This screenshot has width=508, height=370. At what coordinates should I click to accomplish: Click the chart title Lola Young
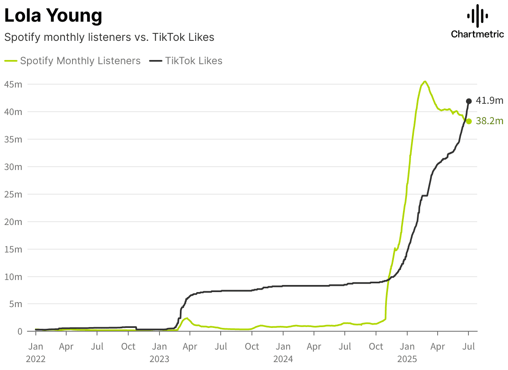click(53, 16)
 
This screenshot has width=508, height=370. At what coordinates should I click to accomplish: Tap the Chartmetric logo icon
click(477, 16)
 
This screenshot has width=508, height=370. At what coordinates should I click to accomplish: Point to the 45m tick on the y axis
click(12, 84)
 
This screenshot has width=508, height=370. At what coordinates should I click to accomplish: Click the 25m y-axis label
click(12, 194)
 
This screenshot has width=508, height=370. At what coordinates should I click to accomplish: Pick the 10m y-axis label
click(12, 277)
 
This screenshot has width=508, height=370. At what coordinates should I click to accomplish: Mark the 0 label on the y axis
click(19, 332)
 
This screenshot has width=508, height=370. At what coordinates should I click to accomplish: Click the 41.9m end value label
click(490, 100)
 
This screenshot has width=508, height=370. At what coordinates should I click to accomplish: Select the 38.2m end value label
click(490, 121)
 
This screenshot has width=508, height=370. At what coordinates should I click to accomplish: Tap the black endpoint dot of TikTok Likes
click(469, 101)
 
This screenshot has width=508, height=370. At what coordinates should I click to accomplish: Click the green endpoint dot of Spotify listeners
click(469, 121)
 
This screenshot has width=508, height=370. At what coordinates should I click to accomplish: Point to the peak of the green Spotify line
click(425, 81)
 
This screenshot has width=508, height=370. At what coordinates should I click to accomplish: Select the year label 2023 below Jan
click(159, 359)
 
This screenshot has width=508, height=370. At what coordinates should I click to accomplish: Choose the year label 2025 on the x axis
click(407, 359)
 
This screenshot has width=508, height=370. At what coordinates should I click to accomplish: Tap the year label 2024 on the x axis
click(284, 359)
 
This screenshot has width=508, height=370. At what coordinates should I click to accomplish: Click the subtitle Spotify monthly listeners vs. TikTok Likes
click(109, 37)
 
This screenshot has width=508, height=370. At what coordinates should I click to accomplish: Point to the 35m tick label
click(12, 139)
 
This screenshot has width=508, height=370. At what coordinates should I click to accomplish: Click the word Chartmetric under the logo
click(477, 34)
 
